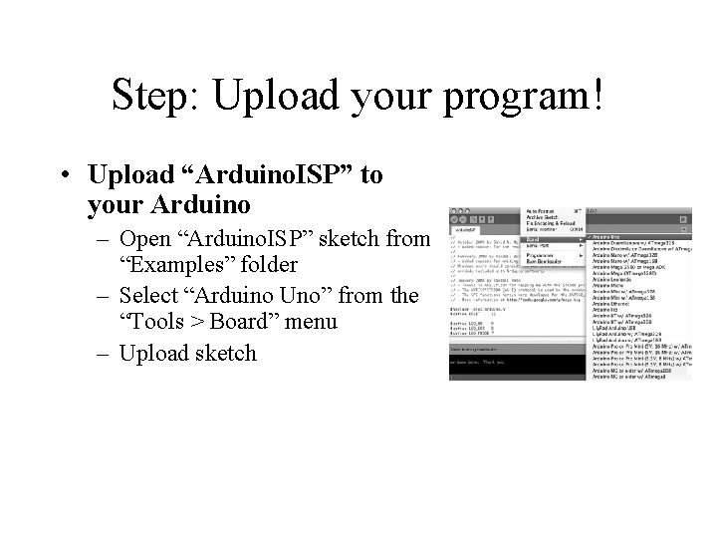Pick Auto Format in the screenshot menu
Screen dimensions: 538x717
coord(544,211)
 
